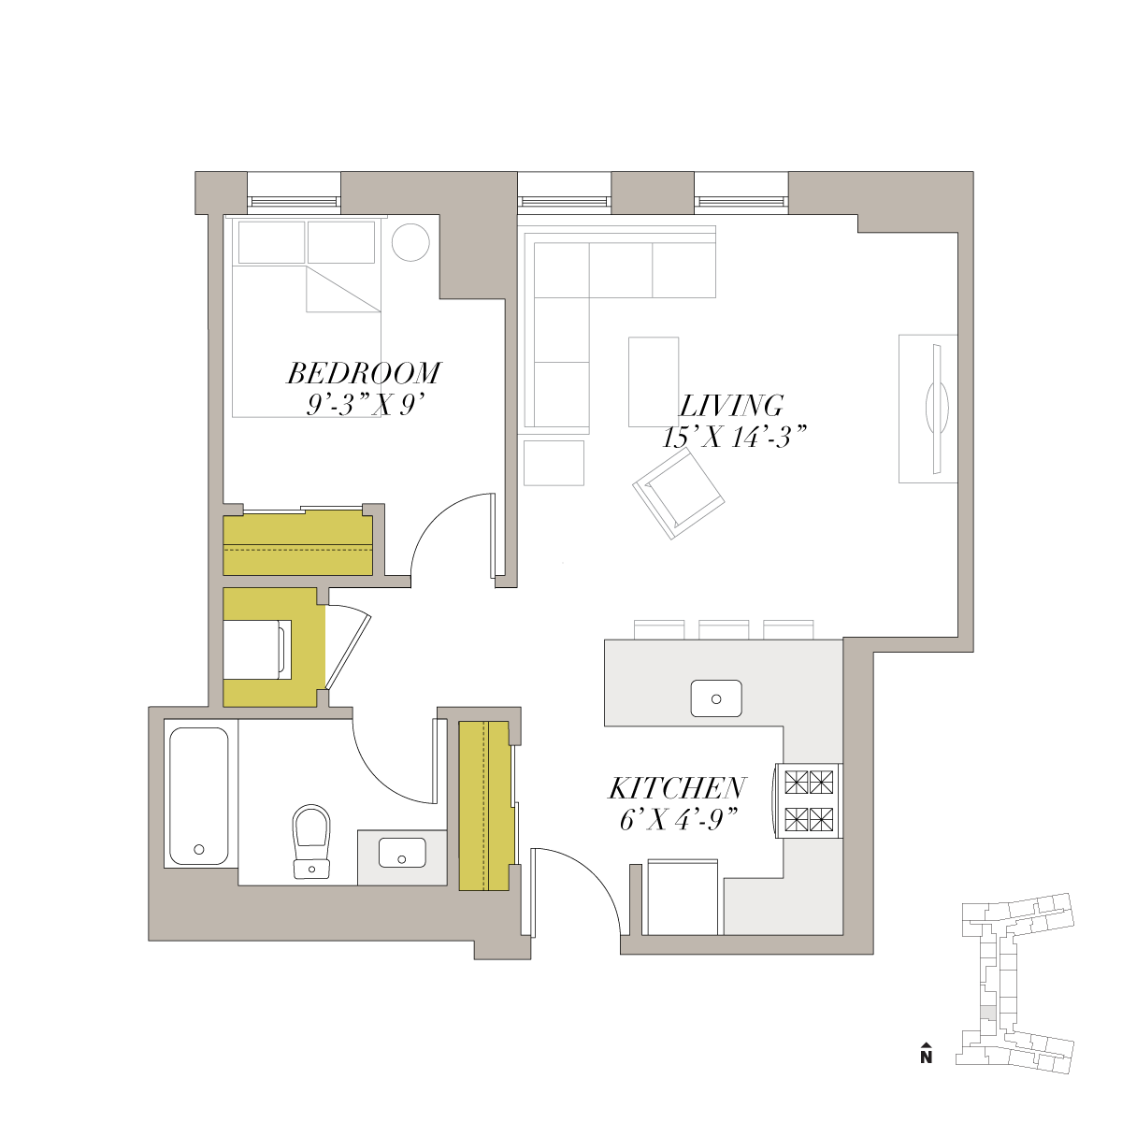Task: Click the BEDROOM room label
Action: [364, 373]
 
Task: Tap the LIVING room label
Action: [731, 406]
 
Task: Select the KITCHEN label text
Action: [677, 788]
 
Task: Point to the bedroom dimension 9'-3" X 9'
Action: [364, 404]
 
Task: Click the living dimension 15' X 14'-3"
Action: [735, 437]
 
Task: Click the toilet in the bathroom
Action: [311, 841]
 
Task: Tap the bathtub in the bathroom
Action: [198, 796]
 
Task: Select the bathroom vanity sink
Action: [402, 853]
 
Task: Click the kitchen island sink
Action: [716, 698]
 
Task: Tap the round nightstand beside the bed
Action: [410, 241]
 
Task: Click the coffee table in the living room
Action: [654, 381]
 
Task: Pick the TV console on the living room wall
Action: [928, 409]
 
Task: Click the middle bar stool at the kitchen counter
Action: [723, 630]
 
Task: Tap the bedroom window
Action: [294, 201]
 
